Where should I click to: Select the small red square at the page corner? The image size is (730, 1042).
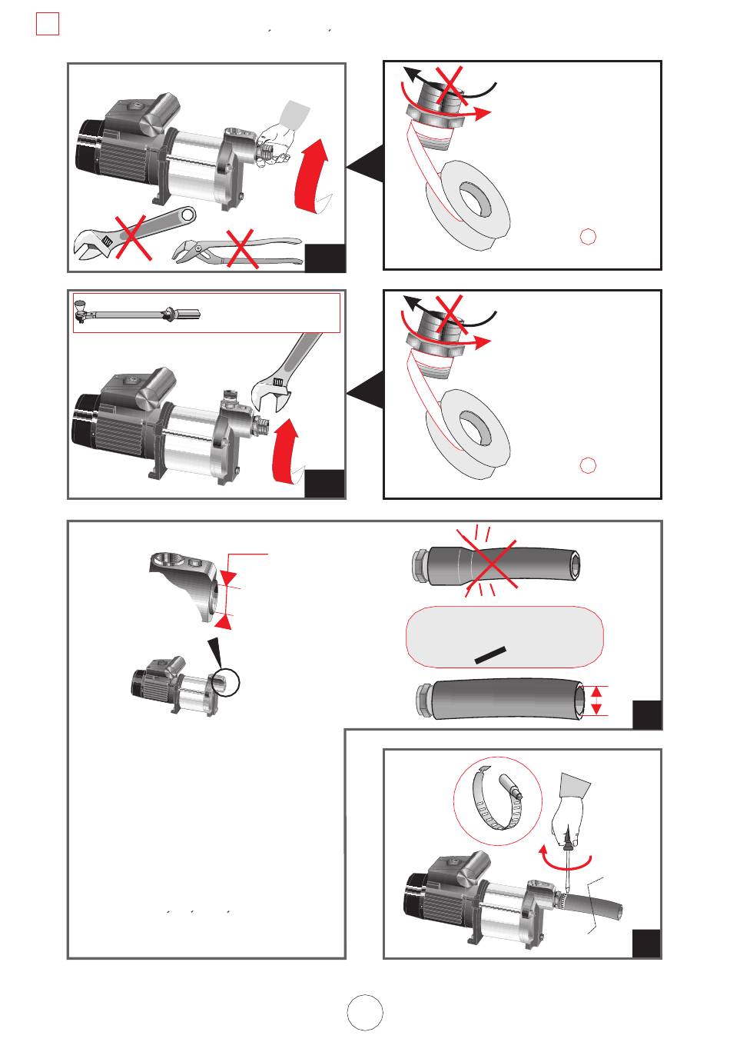pos(47,25)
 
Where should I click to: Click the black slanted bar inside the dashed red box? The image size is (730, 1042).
pos(489,654)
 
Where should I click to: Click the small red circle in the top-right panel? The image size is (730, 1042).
pos(588,237)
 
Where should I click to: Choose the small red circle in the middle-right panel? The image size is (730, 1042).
pos(588,465)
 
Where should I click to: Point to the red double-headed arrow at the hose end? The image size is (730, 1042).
pos(599,700)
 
